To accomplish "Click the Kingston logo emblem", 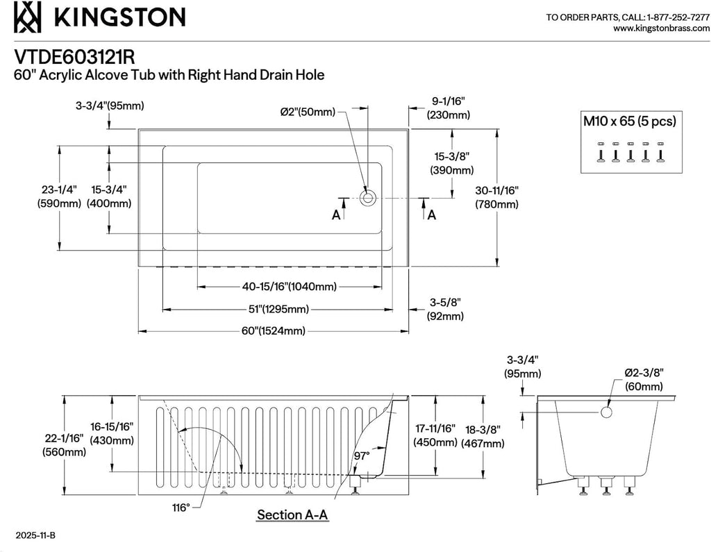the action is (x=27, y=17).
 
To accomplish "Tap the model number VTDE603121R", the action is (x=74, y=57).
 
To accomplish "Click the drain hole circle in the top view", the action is (x=367, y=198).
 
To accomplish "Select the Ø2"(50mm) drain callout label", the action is (x=308, y=112).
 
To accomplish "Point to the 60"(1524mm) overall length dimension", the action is (x=274, y=331).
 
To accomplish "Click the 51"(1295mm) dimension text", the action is (x=278, y=310).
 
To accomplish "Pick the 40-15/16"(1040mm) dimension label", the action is (x=290, y=287).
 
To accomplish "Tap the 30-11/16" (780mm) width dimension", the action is (x=496, y=197).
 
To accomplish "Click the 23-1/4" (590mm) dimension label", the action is (x=59, y=196).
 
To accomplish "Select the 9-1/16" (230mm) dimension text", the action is (x=448, y=108).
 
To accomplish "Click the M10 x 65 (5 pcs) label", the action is (x=629, y=121).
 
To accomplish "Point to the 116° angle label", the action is (x=181, y=508).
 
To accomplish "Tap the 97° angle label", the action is (x=362, y=456).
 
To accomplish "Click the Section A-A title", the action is (x=292, y=515).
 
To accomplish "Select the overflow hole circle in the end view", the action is (x=607, y=412).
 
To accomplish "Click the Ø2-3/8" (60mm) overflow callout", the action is (x=644, y=380).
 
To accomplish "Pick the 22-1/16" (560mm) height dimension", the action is (x=64, y=445).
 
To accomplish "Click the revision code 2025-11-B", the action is (x=35, y=535).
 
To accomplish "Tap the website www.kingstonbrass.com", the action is (x=661, y=28).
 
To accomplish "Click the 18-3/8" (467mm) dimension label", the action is (x=483, y=436).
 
